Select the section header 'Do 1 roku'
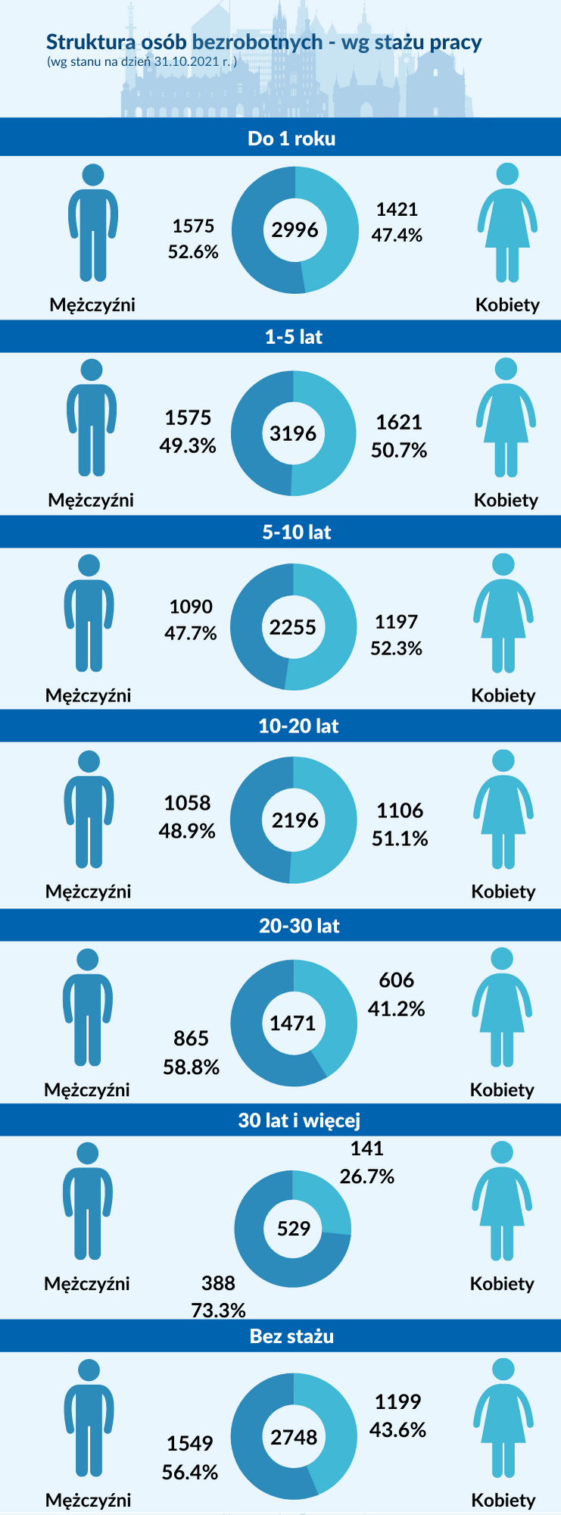(x=291, y=139)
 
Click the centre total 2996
(x=295, y=230)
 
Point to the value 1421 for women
(x=397, y=209)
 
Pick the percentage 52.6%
(x=193, y=251)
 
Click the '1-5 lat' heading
(x=293, y=337)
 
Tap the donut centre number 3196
(x=293, y=433)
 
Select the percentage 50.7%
(x=399, y=451)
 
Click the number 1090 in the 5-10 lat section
(x=191, y=607)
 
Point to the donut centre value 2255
(x=293, y=627)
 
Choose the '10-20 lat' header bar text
(x=298, y=726)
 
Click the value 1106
(x=400, y=811)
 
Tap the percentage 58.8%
(x=192, y=1067)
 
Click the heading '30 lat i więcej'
(x=299, y=1120)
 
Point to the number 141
(x=367, y=1148)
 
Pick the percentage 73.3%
(x=219, y=1310)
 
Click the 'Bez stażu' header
(x=291, y=1336)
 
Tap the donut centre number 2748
(x=294, y=1437)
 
